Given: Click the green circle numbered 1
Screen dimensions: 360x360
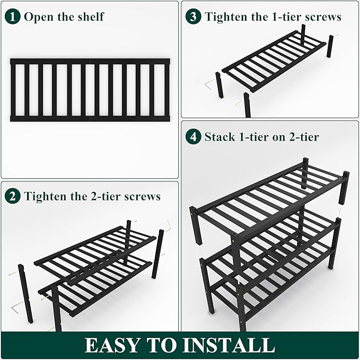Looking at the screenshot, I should (13, 16).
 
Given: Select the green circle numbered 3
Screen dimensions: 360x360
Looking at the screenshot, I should (194, 16).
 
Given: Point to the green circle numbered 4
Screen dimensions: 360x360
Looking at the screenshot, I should (194, 137).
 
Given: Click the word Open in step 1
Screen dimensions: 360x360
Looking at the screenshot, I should (38, 17).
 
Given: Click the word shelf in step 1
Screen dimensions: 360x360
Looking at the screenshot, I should (90, 16).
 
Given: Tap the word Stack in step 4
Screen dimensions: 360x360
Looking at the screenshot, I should (219, 137).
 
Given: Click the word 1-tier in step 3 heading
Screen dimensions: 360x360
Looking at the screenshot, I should (281, 16).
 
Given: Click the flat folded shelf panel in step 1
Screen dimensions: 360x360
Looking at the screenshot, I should (90, 90).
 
